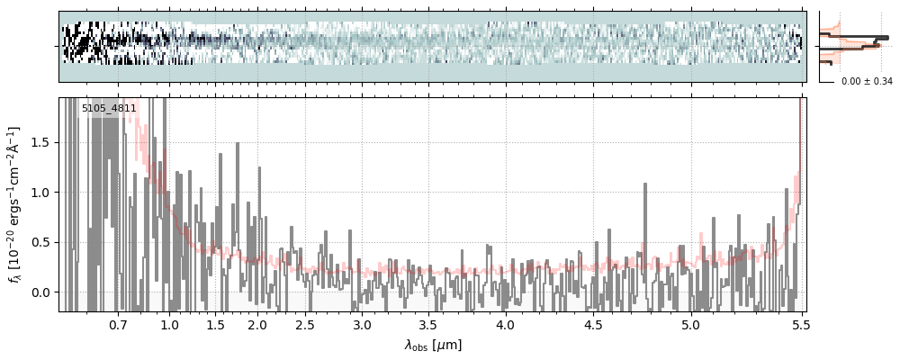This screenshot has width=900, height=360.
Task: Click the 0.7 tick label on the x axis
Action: (x=118, y=324)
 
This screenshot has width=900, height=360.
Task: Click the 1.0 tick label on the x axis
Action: (x=169, y=324)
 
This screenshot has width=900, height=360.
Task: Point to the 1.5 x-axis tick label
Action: (x=215, y=324)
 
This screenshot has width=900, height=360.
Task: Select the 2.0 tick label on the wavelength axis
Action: (x=257, y=324)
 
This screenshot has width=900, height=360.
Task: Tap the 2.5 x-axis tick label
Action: (x=305, y=324)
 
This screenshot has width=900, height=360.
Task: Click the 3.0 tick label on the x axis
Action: (x=362, y=324)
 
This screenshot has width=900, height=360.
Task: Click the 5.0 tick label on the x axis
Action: (x=690, y=324)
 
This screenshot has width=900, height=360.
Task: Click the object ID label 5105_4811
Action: (x=109, y=108)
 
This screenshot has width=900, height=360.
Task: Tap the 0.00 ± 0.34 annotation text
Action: (x=867, y=82)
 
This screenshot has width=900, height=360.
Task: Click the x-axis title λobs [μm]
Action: (x=432, y=345)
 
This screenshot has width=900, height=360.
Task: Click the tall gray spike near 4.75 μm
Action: (x=645, y=193)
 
